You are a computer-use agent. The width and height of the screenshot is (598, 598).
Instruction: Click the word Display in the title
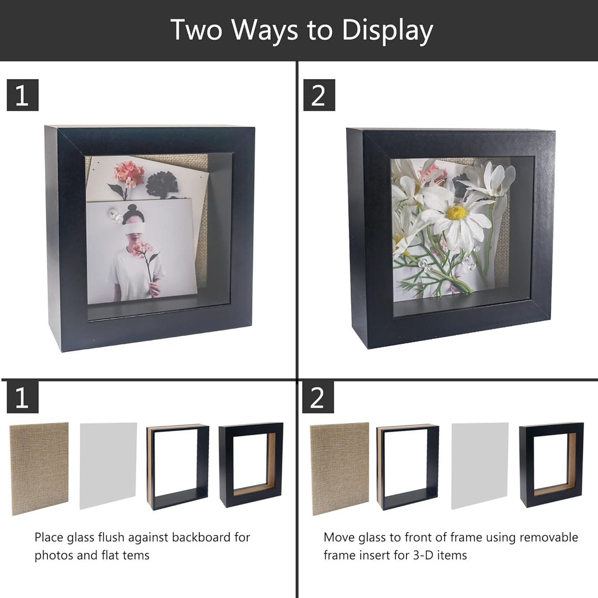pyautogui.click(x=388, y=30)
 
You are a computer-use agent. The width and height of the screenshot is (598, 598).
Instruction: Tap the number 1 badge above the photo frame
pyautogui.click(x=23, y=95)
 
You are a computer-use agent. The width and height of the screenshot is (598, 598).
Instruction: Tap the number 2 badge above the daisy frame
pyautogui.click(x=319, y=95)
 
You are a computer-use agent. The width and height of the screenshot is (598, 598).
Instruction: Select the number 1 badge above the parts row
pyautogui.click(x=23, y=398)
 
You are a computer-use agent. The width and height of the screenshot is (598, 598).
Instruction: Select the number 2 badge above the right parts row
pyautogui.click(x=318, y=398)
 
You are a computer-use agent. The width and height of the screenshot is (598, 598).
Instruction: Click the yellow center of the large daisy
pyautogui.click(x=457, y=213)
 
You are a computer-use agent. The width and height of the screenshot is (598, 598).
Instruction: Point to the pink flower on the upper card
pyautogui.click(x=129, y=174)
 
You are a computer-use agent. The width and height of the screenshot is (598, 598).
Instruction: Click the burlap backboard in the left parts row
pyautogui.click(x=39, y=468)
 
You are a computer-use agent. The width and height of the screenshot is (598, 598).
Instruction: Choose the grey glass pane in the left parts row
pyautogui.click(x=109, y=465)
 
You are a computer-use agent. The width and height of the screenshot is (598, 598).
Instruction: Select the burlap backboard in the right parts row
pyautogui.click(x=340, y=468)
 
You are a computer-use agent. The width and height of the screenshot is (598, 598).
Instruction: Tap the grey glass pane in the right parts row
pyautogui.click(x=480, y=465)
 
